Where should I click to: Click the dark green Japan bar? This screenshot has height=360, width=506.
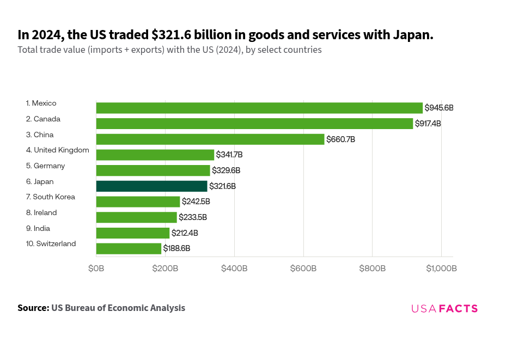(151, 186)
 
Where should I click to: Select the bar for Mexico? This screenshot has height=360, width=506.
(259, 108)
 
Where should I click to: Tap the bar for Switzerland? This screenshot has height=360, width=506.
(129, 249)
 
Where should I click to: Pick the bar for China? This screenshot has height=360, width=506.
(210, 139)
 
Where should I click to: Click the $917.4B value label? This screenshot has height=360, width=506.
(428, 124)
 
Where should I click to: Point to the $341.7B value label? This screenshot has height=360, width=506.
(229, 155)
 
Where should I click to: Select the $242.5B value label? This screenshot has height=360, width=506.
(196, 202)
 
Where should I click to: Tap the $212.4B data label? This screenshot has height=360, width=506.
(185, 233)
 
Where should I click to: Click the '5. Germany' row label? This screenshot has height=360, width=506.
(45, 166)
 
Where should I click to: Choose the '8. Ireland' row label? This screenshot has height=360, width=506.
(41, 212)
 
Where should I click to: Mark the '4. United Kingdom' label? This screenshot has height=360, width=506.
(57, 150)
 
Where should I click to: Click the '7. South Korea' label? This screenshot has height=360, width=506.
(50, 197)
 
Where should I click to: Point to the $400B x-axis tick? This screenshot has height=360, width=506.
(234, 269)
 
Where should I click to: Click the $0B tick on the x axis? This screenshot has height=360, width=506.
(96, 269)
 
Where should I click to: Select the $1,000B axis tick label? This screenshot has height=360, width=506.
(441, 269)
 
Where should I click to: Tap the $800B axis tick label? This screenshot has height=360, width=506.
(372, 269)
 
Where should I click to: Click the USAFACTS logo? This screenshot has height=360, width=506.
(444, 308)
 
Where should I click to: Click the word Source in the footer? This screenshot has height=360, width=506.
(33, 308)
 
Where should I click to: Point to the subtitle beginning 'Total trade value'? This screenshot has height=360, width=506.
(169, 50)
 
